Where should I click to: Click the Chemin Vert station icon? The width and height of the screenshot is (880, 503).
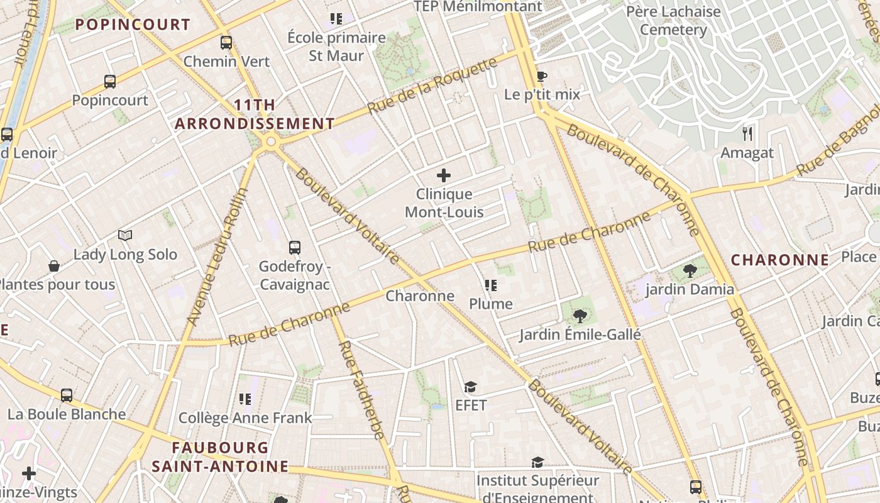click(226, 43)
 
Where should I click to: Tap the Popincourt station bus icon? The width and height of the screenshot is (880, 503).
click(110, 81)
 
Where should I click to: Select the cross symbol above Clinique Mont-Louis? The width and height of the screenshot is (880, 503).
click(444, 175)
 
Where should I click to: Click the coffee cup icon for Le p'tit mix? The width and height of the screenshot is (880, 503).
click(541, 77)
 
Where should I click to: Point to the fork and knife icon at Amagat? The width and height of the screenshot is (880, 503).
click(747, 133)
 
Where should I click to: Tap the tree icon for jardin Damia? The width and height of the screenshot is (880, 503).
click(690, 271)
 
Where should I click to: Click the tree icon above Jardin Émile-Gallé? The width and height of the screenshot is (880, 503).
click(580, 316)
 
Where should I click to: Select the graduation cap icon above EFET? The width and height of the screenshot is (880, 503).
click(471, 387)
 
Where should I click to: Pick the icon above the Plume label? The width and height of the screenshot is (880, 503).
click(491, 285)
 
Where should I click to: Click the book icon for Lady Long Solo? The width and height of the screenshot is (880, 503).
click(125, 236)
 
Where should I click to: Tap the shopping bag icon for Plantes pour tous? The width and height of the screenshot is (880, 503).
click(54, 266)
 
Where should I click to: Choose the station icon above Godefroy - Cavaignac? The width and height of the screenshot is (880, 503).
click(295, 248)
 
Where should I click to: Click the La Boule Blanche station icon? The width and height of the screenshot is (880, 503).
click(67, 395)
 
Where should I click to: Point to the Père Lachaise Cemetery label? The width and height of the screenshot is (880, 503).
click(673, 20)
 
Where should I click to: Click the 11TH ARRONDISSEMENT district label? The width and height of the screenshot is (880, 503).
click(254, 114)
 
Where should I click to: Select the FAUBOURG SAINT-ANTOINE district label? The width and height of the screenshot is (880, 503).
click(220, 457)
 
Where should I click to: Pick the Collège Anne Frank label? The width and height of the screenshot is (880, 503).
click(245, 418)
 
